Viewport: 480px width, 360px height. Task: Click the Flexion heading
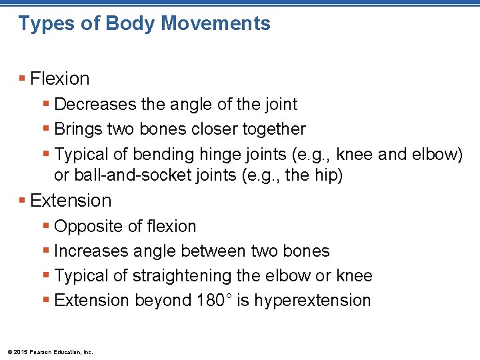pyautogui.click(x=60, y=79)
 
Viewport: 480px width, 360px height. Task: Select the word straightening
pyautogui.click(x=167, y=276)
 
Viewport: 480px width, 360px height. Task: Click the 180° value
pyautogui.click(x=214, y=301)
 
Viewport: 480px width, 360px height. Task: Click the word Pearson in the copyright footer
pyautogui.click(x=43, y=351)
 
